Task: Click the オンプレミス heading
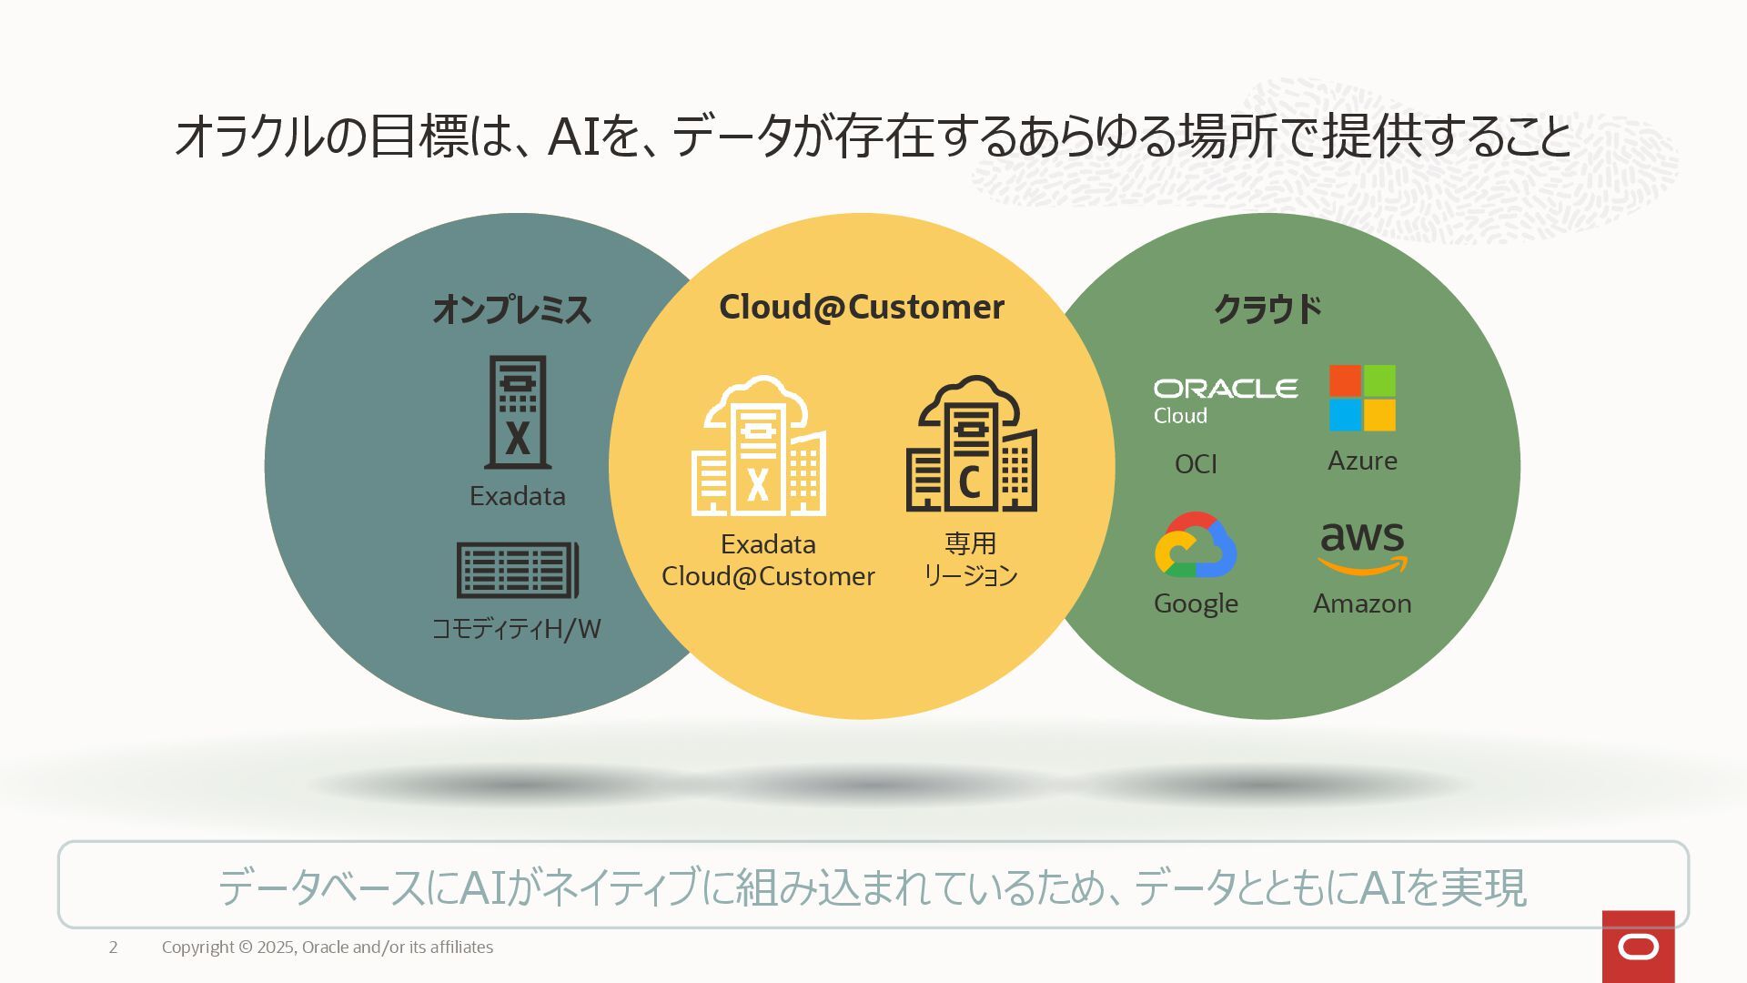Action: pos(511,309)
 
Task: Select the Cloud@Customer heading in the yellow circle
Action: pos(861,307)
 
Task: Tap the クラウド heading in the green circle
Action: pos(1267,309)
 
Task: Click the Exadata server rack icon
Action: pos(518,411)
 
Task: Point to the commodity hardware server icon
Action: pos(517,570)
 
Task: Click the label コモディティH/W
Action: pos(516,629)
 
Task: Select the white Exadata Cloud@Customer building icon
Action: pos(759,446)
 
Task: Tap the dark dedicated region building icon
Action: pos(971,444)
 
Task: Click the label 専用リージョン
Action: pos(970,559)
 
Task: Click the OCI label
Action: pos(1196,464)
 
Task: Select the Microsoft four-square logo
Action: pos(1362,398)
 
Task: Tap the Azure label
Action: pos(1362,461)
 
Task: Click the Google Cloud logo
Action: pos(1196,545)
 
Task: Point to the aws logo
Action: pos(1362,547)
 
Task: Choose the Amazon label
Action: pos(1362,603)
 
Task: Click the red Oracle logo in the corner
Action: pos(1638,947)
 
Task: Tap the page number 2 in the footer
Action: pos(113,948)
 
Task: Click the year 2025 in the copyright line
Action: pos(276,948)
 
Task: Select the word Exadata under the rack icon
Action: pos(517,496)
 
